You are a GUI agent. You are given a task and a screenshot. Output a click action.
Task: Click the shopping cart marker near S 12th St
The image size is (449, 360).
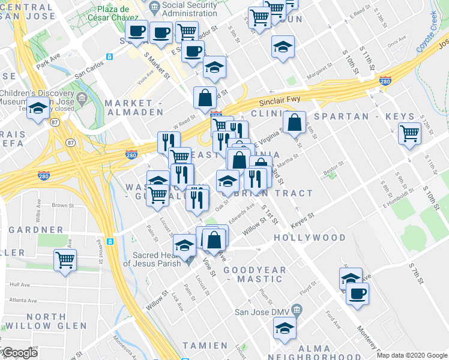click(409, 134)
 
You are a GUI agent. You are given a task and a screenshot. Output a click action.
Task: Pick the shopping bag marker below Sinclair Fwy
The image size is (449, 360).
click(294, 122)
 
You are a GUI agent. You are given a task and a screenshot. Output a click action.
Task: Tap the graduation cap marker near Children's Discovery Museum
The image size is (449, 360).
click(38, 110)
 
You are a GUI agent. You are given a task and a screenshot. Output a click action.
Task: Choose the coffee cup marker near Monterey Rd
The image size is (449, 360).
click(358, 294)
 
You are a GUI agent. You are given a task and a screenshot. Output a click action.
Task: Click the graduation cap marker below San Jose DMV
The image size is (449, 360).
click(284, 328)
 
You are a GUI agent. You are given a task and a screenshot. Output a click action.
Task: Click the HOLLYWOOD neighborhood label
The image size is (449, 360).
click(310, 238)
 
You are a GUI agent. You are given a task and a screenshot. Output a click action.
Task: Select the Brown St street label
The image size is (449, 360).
click(62, 205)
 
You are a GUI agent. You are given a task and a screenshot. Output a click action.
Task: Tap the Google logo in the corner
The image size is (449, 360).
click(19, 353)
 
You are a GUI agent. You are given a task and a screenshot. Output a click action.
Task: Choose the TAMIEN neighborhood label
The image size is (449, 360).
click(205, 346)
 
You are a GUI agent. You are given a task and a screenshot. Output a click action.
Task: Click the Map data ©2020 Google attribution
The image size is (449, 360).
click(412, 355)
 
